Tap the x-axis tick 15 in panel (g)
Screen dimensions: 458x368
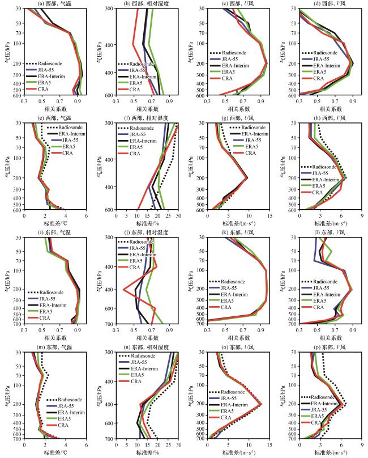(x=268, y=216)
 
